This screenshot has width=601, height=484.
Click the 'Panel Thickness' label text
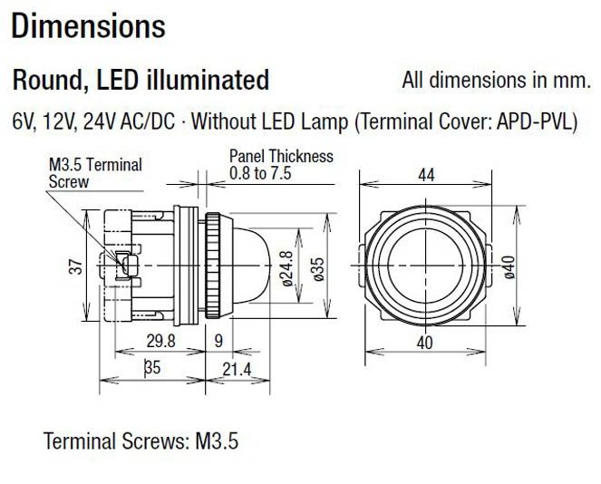coord(281,156)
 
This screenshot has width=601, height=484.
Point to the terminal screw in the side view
coord(126,266)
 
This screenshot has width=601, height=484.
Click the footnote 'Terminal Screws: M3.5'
coord(141,443)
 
